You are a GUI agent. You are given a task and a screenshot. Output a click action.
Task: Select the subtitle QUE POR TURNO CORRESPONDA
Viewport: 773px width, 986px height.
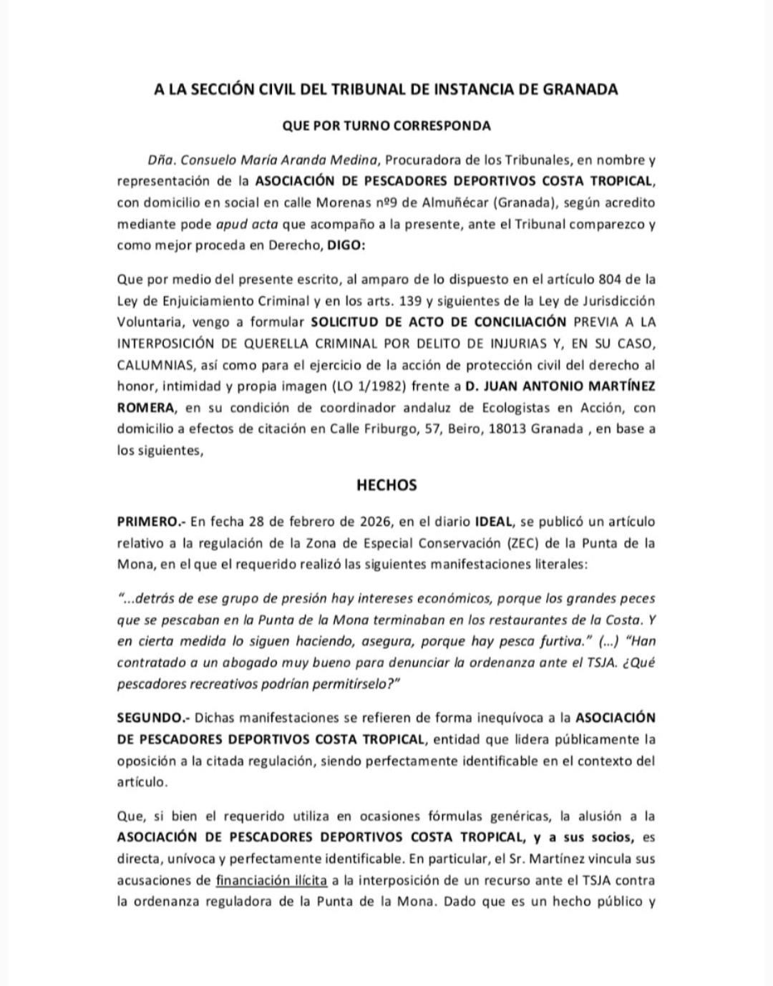[x=386, y=126]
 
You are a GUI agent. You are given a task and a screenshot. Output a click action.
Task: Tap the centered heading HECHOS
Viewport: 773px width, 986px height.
[x=386, y=485]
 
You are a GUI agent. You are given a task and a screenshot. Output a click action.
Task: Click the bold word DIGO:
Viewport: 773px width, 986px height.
[x=346, y=245]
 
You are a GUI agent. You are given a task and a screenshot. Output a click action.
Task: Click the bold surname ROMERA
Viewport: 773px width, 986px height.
[x=146, y=407]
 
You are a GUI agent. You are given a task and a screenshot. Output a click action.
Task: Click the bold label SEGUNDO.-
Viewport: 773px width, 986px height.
[x=153, y=717]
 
